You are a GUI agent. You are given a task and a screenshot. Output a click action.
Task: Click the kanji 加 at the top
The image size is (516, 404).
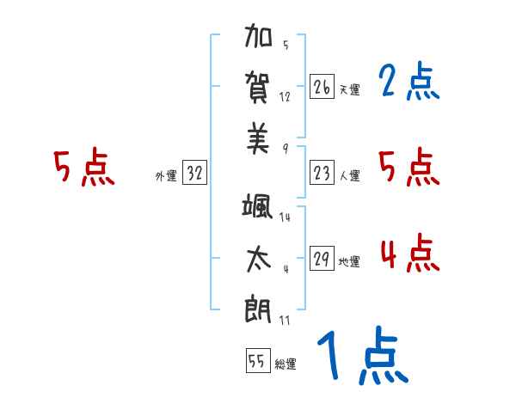pyautogui.click(x=259, y=38)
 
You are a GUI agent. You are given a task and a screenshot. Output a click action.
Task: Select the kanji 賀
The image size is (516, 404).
pyautogui.click(x=259, y=88)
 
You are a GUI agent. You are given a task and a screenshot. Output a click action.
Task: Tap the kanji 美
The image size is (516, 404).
pyautogui.click(x=259, y=138)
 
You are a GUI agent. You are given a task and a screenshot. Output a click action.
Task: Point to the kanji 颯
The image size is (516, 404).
pyautogui.click(x=259, y=210)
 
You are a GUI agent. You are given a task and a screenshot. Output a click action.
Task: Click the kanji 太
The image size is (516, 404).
pyautogui.click(x=259, y=260)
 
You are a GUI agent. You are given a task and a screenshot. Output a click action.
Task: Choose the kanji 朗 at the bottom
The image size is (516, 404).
pyautogui.click(x=259, y=310)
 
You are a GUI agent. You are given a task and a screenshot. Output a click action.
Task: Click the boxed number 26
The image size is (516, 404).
pyautogui.click(x=322, y=87)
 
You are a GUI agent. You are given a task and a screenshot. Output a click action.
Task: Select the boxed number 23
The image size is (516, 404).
pyautogui.click(x=322, y=174)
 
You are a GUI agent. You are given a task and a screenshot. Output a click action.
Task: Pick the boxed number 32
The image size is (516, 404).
pyautogui.click(x=194, y=174)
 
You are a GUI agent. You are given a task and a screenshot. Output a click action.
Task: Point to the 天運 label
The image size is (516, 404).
pyautogui.click(x=349, y=89)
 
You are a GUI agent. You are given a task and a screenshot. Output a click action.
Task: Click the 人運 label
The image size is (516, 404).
pyautogui.click(x=349, y=176)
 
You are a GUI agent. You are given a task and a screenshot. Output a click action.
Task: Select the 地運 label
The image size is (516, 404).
pyautogui.click(x=349, y=262)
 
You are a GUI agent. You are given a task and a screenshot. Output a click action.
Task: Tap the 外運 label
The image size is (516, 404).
pyautogui.click(x=165, y=176)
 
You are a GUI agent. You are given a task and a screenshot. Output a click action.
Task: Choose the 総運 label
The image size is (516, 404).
pyautogui.click(x=286, y=364)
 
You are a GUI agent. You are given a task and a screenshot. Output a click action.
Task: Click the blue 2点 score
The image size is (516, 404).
pyautogui.click(x=408, y=83)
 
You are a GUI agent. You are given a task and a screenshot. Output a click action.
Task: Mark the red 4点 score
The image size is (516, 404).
pyautogui.click(x=408, y=254)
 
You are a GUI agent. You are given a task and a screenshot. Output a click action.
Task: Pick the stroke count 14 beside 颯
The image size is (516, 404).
pyautogui.click(x=285, y=217)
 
